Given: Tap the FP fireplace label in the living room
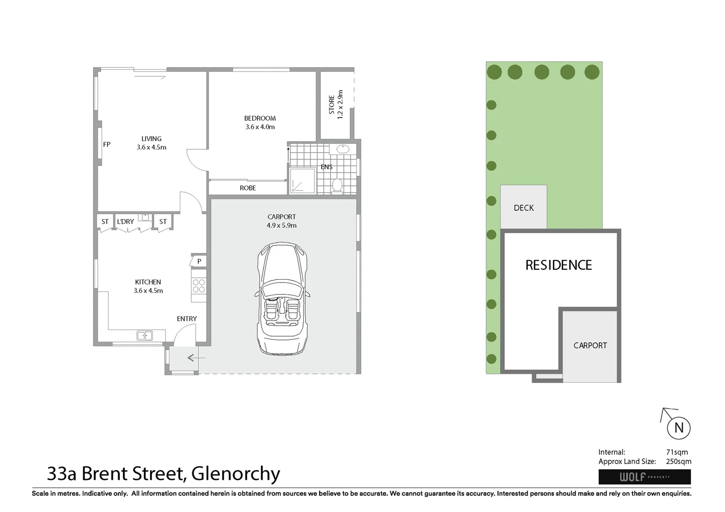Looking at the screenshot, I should (107, 145).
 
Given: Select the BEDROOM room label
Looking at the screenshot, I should (260, 118).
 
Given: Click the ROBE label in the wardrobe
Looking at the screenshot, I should (248, 188).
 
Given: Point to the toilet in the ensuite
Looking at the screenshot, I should (337, 185).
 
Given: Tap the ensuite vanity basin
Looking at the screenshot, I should (342, 149).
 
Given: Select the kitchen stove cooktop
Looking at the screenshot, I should (199, 285).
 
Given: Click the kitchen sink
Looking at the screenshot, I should (145, 336).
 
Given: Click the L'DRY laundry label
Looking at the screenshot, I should (126, 221).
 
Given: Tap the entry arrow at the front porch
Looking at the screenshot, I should (192, 358).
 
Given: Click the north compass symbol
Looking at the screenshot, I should (679, 428).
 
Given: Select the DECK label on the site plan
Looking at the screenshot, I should (523, 208).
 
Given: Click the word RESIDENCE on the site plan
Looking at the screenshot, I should (558, 265).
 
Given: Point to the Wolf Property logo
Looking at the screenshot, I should (644, 476).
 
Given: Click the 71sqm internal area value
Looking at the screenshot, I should (677, 452).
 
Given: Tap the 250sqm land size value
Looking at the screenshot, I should (679, 461).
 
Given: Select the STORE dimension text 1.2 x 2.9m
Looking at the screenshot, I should (340, 104).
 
